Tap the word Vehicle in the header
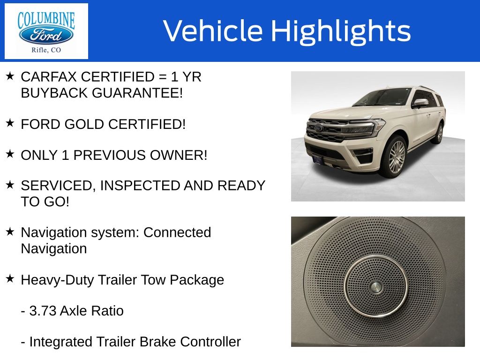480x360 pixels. point(213,30)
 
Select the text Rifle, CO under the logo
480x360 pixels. point(46,50)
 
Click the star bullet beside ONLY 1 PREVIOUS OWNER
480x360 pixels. point(10,154)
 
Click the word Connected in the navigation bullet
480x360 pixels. point(177,232)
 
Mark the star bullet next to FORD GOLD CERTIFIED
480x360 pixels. point(10,123)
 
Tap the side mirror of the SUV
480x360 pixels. point(420,103)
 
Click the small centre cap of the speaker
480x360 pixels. point(375,287)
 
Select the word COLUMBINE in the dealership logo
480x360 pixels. point(46,20)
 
